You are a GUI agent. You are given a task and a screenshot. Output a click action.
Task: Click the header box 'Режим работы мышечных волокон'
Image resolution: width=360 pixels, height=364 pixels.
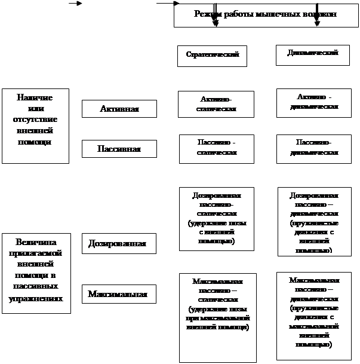265,15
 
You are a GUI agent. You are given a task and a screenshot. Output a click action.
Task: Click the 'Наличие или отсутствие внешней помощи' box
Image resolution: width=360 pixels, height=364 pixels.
36,126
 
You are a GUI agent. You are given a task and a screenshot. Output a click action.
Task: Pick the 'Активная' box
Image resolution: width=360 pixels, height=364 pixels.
119,109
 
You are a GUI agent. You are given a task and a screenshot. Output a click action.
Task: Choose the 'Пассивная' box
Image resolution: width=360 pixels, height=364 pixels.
119,149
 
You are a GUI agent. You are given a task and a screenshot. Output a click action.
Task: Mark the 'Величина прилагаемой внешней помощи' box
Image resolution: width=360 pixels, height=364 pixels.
36,273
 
